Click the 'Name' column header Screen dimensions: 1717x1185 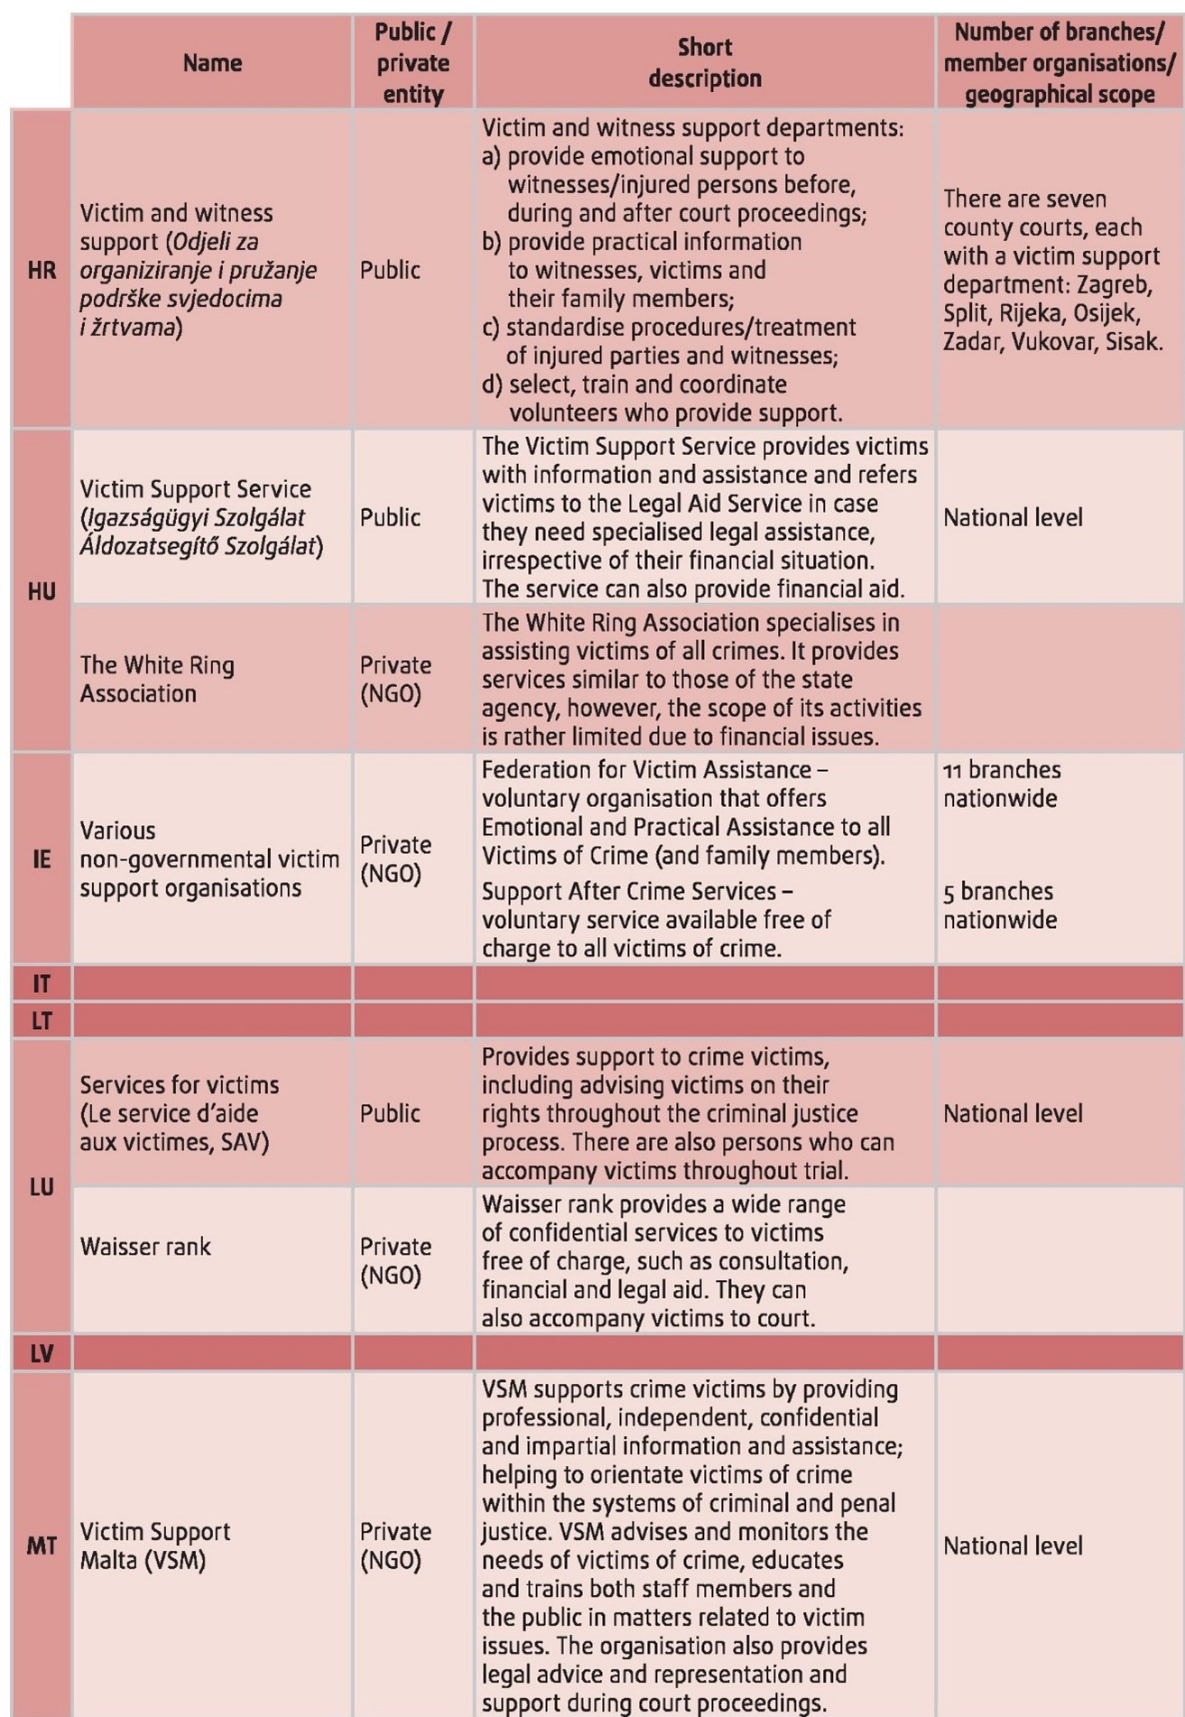212,63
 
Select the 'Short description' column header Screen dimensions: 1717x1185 705,63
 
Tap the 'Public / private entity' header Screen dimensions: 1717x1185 413,63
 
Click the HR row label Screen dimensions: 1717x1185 42,270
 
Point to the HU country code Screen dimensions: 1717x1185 42,591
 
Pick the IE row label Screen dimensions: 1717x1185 42,858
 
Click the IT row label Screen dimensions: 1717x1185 42,983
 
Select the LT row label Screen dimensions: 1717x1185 42,1021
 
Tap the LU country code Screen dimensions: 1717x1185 42,1186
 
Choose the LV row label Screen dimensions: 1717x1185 42,1353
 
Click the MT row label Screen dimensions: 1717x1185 42,1545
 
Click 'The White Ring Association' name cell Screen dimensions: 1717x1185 157,679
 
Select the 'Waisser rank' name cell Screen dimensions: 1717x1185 145,1247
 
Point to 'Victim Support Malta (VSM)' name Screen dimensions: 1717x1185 154,1545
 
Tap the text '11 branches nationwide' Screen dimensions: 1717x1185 1002,784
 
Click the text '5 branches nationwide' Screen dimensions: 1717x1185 999,905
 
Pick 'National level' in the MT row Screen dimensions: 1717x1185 1013,1545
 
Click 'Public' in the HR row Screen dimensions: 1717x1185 390,270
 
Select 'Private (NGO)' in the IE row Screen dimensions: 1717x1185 395,858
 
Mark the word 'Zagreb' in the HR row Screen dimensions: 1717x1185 1114,284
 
